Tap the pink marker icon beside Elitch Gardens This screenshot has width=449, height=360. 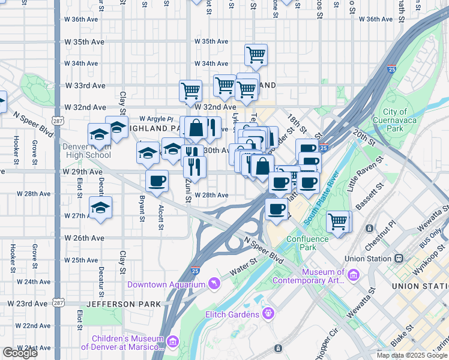click(268, 313)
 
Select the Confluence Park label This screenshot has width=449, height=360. click(308, 243)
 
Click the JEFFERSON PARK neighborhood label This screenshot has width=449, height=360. click(124, 304)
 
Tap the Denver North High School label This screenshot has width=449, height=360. click(86, 151)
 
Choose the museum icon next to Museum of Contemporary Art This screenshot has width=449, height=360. click(353, 275)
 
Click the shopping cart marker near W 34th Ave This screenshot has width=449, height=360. click(256, 55)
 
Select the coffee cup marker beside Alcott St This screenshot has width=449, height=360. click(157, 181)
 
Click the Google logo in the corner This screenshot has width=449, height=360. click(20, 353)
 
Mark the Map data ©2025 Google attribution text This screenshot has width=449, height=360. click(412, 355)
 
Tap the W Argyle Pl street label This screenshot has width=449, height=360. click(156, 119)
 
